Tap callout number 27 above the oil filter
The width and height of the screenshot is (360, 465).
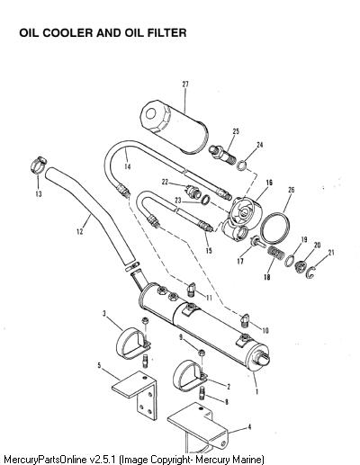(x=185, y=85)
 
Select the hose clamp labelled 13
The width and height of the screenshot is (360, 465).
(x=39, y=165)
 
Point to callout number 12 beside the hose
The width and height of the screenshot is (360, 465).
(x=80, y=231)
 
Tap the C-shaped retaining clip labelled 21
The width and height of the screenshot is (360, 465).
(x=311, y=273)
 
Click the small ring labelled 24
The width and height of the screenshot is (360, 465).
(x=242, y=165)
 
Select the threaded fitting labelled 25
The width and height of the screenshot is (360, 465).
(x=222, y=154)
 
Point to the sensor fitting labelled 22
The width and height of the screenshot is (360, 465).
(x=193, y=191)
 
